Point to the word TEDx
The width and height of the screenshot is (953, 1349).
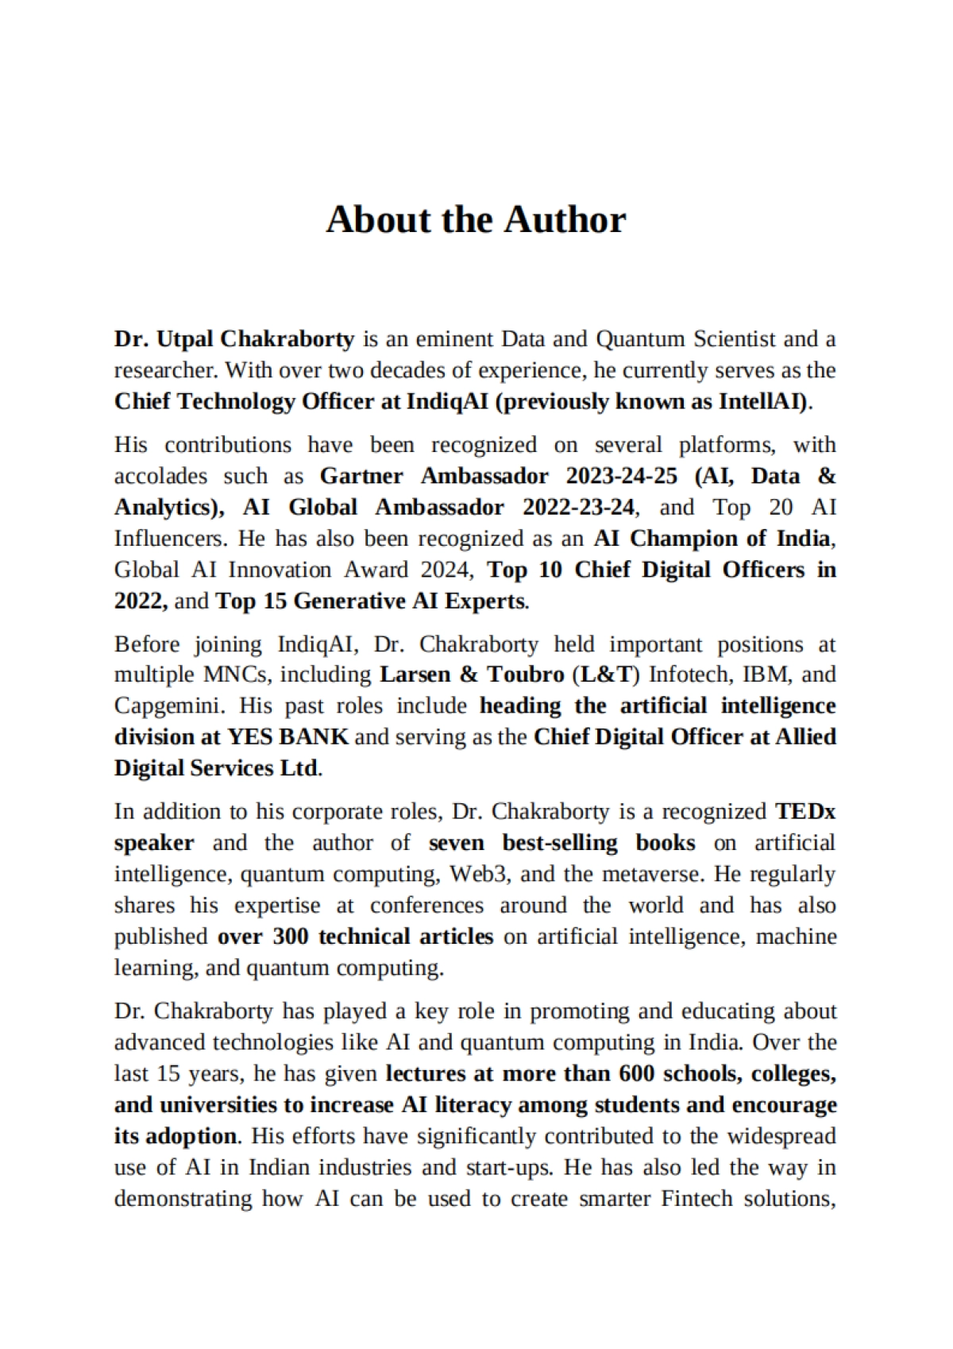click(805, 811)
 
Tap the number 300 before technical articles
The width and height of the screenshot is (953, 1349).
click(290, 937)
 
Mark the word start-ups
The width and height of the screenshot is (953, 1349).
click(504, 1168)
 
